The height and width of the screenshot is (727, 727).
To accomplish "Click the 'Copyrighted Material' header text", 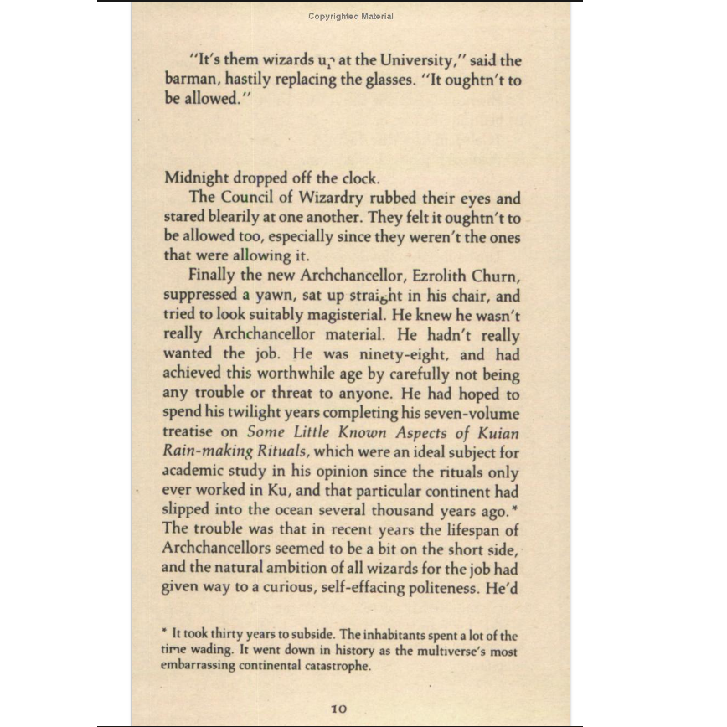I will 350,16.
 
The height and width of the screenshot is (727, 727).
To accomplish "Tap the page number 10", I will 338,708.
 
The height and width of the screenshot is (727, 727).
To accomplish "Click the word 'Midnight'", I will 196,178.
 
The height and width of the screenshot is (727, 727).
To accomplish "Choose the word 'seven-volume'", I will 470,413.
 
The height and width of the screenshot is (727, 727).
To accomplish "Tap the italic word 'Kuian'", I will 498,433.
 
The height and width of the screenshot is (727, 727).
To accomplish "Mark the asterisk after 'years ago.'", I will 515,508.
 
